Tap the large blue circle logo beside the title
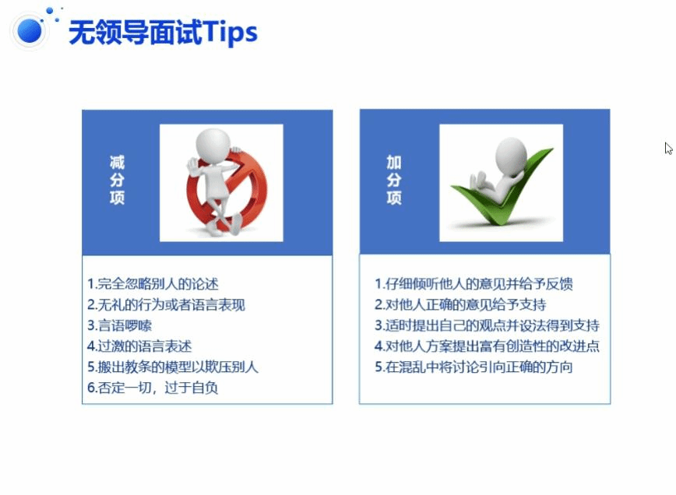(30, 31)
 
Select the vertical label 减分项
(117, 180)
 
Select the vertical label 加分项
(394, 180)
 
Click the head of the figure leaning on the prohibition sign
(213, 143)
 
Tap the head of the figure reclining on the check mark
(511, 155)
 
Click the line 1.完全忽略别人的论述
(153, 284)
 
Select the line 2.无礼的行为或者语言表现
(166, 304)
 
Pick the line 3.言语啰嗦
(119, 325)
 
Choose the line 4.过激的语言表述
(139, 346)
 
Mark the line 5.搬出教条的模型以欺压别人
(172, 367)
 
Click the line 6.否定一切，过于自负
(153, 388)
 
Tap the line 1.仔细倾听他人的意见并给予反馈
(474, 284)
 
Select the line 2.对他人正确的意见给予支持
(460, 304)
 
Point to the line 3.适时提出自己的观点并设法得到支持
(488, 325)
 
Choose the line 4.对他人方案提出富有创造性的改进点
(488, 346)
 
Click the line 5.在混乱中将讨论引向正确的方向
(474, 367)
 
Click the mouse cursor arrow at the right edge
(668, 148)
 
